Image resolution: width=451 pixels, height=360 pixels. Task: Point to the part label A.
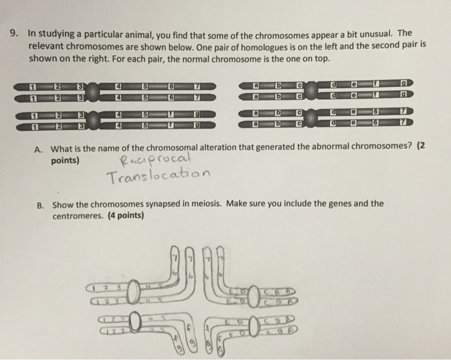click(x=38, y=147)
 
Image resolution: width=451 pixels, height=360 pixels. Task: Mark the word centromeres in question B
click(x=80, y=216)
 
